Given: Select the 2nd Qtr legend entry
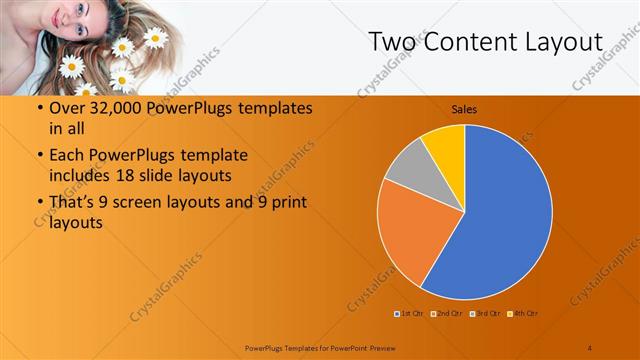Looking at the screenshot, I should [448, 313].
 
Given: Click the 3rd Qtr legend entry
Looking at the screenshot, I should [487, 313].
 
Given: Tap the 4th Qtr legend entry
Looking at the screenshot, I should [523, 313].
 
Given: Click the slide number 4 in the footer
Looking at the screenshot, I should [589, 347].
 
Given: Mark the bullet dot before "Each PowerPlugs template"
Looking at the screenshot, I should [39, 156].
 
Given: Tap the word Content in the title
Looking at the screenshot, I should [470, 42].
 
